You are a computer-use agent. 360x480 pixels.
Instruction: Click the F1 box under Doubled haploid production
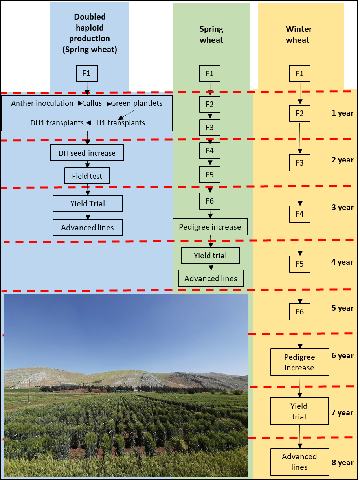87,74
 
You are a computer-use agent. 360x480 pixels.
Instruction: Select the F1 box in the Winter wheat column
300,74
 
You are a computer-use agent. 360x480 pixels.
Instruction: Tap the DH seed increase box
87,153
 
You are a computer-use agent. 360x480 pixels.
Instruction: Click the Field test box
87,176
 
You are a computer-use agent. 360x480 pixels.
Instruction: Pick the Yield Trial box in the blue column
88,204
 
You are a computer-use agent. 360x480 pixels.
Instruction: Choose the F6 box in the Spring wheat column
210,201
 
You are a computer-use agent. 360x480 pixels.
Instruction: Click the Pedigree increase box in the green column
210,227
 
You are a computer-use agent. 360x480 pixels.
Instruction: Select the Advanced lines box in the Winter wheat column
299,462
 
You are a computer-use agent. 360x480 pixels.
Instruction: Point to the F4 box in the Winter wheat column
300,214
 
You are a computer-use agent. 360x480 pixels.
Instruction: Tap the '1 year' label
342,113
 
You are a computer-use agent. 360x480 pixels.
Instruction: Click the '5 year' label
342,308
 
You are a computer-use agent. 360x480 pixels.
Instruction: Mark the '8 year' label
342,462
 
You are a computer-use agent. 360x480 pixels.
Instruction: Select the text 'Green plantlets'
136,103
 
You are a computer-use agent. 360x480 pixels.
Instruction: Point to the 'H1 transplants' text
121,123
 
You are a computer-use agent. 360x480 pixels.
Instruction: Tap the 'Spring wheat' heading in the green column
211,35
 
